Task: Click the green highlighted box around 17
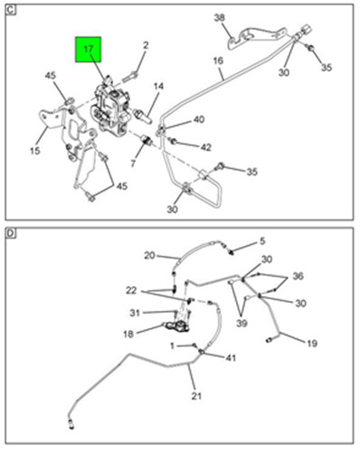[x=88, y=50]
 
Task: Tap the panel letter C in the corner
[x=11, y=10]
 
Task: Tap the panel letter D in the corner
[x=11, y=233]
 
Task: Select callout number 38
[x=220, y=18]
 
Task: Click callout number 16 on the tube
[x=218, y=61]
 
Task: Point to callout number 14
[x=158, y=87]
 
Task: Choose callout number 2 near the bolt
[x=146, y=45]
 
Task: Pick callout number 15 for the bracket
[x=35, y=150]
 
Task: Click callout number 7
[x=133, y=163]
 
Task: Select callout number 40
[x=199, y=119]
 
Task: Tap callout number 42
[x=206, y=147]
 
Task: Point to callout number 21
[x=196, y=396]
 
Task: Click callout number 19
[x=312, y=344]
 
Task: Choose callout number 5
[x=262, y=241]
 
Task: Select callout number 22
[x=131, y=290]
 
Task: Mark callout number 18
[x=128, y=334]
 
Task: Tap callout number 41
[x=231, y=358]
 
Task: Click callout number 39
[x=242, y=324]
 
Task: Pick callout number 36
[x=298, y=276]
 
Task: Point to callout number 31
[x=135, y=313]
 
